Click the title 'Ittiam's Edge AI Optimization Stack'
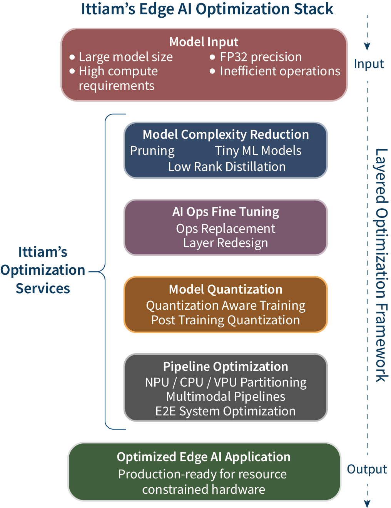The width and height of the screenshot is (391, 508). [x=207, y=9]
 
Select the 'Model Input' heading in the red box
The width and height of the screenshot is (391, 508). [x=204, y=42]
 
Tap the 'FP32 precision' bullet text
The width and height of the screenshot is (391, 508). [x=261, y=57]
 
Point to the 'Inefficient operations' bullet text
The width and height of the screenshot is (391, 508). [x=280, y=71]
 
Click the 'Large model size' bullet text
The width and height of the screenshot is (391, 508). [x=125, y=57]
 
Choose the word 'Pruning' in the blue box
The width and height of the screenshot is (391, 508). [x=152, y=151]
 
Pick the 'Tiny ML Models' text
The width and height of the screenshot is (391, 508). [x=258, y=151]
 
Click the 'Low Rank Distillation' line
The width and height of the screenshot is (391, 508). [x=227, y=167]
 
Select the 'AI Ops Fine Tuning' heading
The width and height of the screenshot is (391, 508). [x=226, y=212]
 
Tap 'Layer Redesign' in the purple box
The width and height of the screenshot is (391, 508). [x=226, y=243]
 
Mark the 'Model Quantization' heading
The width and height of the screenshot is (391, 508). [x=226, y=289]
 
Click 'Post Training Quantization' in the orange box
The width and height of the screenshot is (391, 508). [x=226, y=320]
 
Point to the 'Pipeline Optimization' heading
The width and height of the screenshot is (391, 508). [x=226, y=367]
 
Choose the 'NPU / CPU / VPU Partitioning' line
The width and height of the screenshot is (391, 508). [x=226, y=382]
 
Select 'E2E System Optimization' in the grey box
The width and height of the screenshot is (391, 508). [x=226, y=411]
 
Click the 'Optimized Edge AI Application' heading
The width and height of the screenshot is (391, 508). [x=204, y=457]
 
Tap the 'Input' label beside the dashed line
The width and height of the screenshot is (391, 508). [x=369, y=64]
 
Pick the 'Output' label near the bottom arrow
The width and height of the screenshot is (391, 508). [x=367, y=469]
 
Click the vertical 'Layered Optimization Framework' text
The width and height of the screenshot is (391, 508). [x=381, y=265]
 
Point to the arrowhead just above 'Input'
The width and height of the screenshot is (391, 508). [x=367, y=46]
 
